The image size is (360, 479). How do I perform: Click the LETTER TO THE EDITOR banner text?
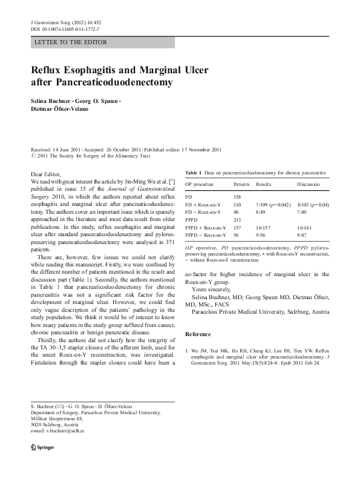point(71,42)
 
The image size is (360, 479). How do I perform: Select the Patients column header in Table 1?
point(241,183)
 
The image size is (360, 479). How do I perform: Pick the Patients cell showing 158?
point(238,197)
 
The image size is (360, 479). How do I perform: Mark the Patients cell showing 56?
point(237,234)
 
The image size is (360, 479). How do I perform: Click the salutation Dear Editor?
point(45,174)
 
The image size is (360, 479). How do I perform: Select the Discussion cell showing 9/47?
point(303,234)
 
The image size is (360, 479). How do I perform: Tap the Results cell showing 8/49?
point(261,212)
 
